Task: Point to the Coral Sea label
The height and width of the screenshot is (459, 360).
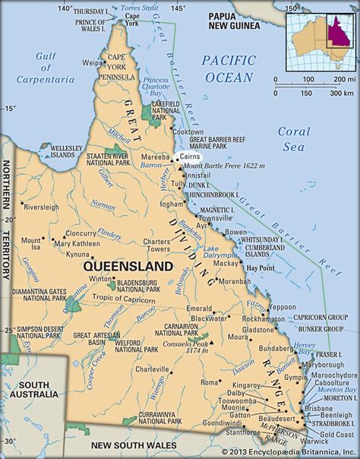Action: [x=294, y=138]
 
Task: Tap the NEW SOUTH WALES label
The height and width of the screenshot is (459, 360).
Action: [x=128, y=445]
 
